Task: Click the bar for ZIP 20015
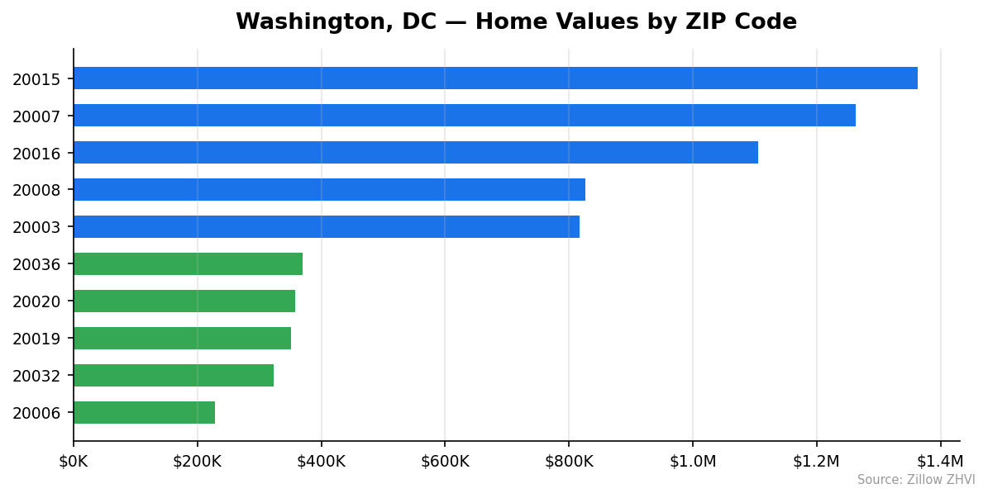point(495,78)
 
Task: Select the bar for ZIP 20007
point(464,116)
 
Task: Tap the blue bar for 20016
point(415,153)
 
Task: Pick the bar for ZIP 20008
point(329,190)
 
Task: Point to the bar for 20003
point(326,227)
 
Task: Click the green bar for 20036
point(188,264)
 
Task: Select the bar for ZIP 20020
point(184,301)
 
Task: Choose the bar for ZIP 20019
point(182,339)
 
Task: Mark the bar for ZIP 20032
point(173,376)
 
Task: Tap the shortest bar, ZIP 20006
point(144,413)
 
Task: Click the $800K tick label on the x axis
point(569,462)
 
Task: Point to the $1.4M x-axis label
point(940,462)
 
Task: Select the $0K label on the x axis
point(74,462)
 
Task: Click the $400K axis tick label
point(321,462)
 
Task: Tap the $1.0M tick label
point(693,462)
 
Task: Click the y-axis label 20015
point(36,79)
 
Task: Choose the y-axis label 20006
point(36,414)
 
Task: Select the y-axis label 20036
point(36,265)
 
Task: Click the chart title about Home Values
point(516,22)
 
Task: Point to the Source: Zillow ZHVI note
point(916,480)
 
